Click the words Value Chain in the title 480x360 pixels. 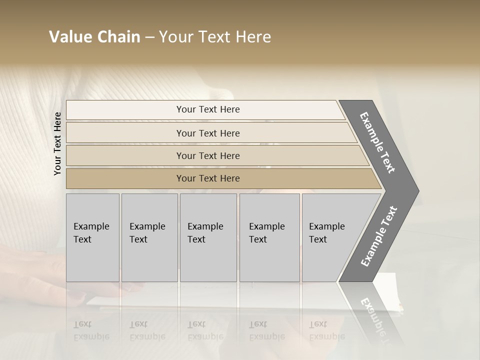[94, 37]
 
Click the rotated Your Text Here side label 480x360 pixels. [57, 143]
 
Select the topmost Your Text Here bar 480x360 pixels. [208, 109]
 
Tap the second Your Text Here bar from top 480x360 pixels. [208, 133]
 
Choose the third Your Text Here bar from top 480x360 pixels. [208, 155]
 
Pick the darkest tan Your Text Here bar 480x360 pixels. [208, 178]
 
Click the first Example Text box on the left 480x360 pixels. [92, 237]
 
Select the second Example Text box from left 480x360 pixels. [149, 237]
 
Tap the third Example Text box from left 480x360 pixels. [208, 237]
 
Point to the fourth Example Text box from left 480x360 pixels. [269, 237]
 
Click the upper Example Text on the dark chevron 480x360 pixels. [378, 142]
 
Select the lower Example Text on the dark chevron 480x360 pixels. [379, 236]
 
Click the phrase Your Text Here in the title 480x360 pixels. [215, 37]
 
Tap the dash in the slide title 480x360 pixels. [149, 37]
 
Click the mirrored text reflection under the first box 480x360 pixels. [91, 330]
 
